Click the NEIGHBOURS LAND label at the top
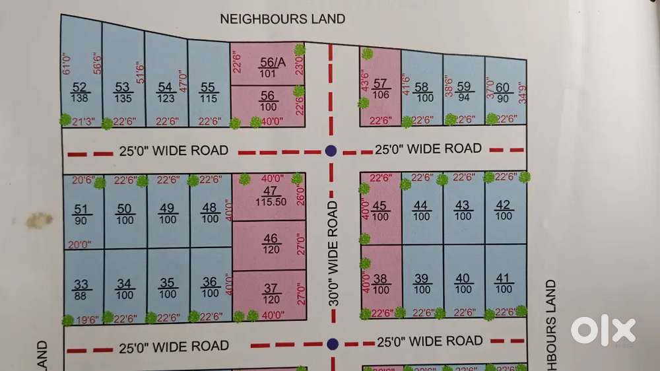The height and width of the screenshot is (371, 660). (x=282, y=18)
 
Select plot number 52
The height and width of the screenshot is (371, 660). (x=81, y=92)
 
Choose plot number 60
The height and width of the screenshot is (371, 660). (x=503, y=92)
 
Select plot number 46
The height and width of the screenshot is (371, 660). (x=271, y=244)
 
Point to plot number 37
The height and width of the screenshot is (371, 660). (x=271, y=293)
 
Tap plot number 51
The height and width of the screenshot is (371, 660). (x=81, y=215)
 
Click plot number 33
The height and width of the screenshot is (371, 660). (x=81, y=290)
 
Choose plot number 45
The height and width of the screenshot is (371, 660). (x=379, y=211)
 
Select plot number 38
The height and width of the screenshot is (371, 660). (x=379, y=285)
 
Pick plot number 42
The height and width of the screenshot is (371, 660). (x=504, y=210)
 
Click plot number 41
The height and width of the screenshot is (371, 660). (x=504, y=284)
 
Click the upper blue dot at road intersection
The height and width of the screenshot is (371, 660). (x=331, y=151)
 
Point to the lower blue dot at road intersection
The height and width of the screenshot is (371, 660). (x=333, y=343)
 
